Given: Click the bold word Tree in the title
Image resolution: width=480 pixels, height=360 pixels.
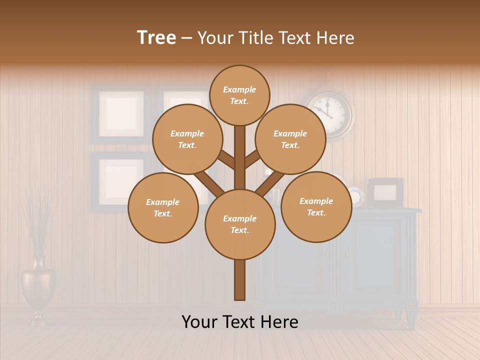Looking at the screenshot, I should click(156, 38).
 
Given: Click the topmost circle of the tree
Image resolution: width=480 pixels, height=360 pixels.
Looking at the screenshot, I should click(239, 95).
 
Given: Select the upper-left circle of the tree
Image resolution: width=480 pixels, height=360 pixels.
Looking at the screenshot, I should click(187, 139).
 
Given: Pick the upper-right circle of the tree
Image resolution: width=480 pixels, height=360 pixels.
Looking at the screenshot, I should click(290, 139).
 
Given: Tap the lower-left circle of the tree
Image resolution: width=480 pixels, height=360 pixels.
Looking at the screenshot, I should click(162, 207).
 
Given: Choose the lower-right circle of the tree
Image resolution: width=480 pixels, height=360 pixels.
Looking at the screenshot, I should click(316, 206).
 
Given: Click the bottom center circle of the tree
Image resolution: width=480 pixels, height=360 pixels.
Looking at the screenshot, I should click(239, 224).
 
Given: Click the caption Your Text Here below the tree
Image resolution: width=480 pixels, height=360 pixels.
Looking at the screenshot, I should click(239, 322).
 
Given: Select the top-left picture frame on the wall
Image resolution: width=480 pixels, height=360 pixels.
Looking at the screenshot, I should click(121, 114).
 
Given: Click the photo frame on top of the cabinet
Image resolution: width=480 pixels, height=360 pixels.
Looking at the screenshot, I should click(385, 192).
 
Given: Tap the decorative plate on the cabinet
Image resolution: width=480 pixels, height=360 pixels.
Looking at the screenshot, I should click(356, 196).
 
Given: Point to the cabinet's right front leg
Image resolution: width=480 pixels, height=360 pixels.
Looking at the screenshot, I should click(410, 318).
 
